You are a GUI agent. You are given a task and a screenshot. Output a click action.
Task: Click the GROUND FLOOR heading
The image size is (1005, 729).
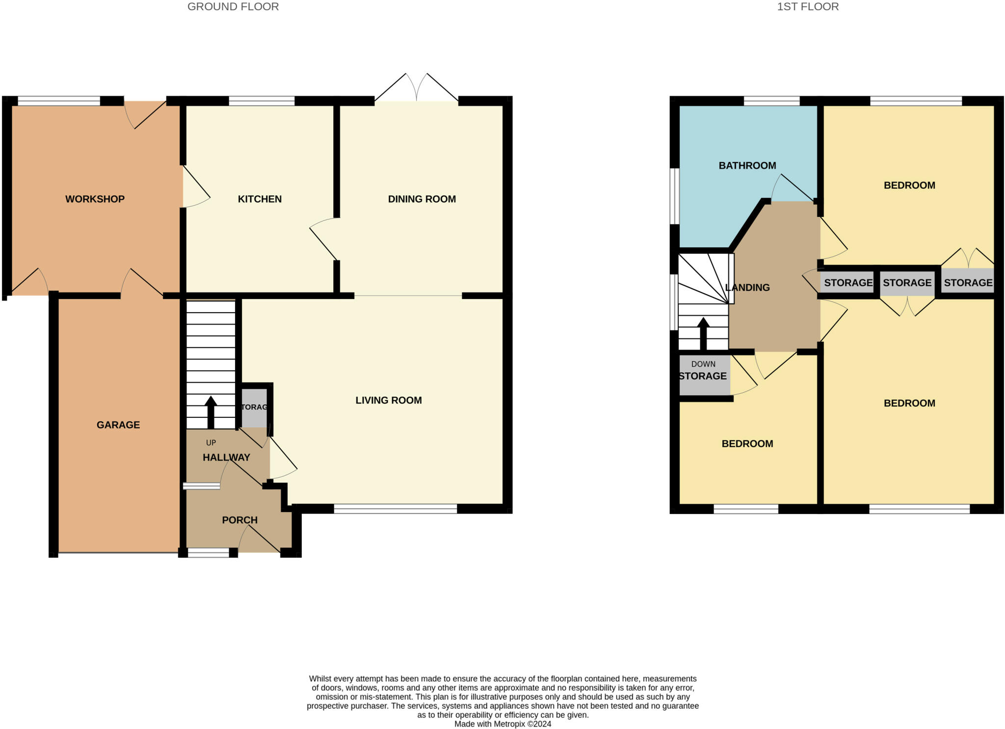pyautogui.click(x=233, y=7)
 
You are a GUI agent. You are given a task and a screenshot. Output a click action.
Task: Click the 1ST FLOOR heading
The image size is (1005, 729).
pyautogui.click(x=808, y=7)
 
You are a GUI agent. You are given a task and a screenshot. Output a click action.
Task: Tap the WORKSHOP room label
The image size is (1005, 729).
pyautogui.click(x=95, y=199)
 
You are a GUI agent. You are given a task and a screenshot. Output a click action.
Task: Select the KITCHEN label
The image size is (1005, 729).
pyautogui.click(x=260, y=199)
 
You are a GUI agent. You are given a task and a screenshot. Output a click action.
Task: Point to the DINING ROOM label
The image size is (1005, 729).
pyautogui.click(x=422, y=199)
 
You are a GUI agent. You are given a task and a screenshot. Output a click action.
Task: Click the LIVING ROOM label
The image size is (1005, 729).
pyautogui.click(x=388, y=400)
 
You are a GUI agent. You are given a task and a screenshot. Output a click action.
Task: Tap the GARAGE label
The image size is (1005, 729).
pyautogui.click(x=118, y=425)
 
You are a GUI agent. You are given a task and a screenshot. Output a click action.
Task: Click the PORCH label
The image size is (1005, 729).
pyautogui.click(x=239, y=520)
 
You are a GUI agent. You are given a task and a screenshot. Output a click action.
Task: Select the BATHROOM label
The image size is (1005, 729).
pyautogui.click(x=747, y=165)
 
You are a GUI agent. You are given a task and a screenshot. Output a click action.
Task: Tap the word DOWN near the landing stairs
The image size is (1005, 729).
pyautogui.click(x=703, y=364)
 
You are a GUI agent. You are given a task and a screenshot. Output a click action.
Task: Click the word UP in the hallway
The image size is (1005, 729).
pyautogui.click(x=211, y=442)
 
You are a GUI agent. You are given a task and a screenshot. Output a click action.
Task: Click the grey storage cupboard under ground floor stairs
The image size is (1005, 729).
pyautogui.click(x=254, y=407)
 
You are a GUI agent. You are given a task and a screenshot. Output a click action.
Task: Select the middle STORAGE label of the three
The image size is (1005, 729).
pyautogui.click(x=907, y=283)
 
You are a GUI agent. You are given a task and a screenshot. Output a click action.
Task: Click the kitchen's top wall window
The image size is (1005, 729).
pyautogui.click(x=262, y=101)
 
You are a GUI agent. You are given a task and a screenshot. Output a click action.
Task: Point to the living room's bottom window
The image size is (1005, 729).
pyautogui.click(x=396, y=509)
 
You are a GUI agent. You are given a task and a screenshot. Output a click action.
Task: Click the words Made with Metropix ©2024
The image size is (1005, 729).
pyautogui.click(x=502, y=724)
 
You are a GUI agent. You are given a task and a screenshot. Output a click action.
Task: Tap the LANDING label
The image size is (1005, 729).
pyautogui.click(x=747, y=287)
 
